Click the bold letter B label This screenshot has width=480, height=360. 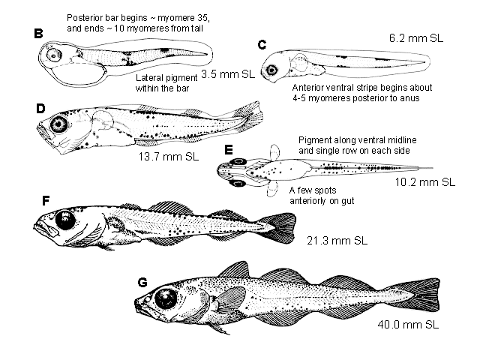(38, 33)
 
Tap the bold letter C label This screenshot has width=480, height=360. (262, 45)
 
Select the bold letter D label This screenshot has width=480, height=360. (40, 109)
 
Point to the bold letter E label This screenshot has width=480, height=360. (229, 150)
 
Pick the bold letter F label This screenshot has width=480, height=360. (46, 201)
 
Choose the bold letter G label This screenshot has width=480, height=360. (143, 282)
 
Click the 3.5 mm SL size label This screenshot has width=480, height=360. (228, 74)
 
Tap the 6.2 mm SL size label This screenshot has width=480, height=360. (416, 38)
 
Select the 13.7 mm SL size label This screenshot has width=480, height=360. (169, 157)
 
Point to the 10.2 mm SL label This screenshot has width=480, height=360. (425, 182)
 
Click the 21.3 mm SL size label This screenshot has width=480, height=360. (337, 241)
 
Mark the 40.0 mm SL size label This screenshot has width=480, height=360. (408, 324)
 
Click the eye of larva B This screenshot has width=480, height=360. (54, 55)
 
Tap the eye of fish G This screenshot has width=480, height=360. (166, 299)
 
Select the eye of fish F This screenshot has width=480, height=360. (65, 220)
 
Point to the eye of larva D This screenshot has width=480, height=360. (58, 124)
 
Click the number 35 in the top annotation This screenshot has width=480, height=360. (199, 18)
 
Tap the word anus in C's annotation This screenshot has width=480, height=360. (409, 98)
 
